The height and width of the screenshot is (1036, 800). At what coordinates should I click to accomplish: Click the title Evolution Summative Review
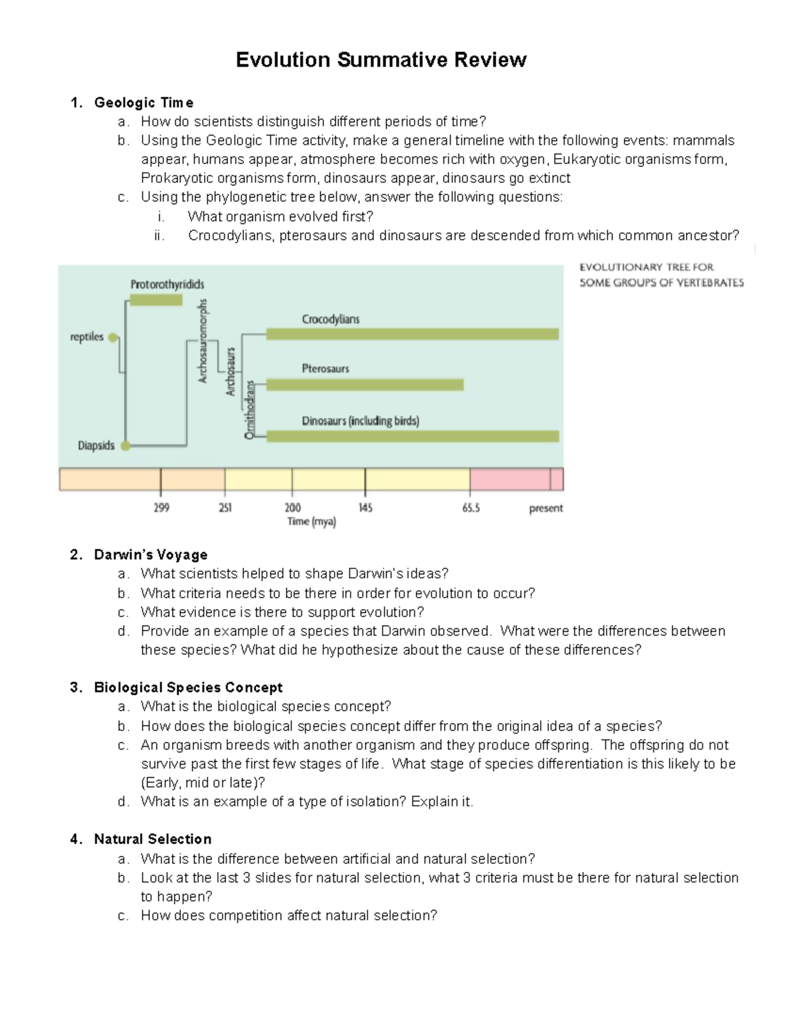click(x=381, y=60)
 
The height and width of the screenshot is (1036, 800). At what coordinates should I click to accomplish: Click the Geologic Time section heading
click(x=143, y=103)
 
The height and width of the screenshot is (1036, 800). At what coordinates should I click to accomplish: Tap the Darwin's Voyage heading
click(x=150, y=554)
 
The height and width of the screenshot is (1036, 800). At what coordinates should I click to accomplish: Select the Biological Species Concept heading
click(x=188, y=687)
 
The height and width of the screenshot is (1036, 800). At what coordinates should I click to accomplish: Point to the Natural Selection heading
click(x=152, y=839)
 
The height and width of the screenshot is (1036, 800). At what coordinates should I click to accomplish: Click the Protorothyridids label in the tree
click(x=167, y=284)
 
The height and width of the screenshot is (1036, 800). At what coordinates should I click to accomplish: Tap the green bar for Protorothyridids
click(x=155, y=300)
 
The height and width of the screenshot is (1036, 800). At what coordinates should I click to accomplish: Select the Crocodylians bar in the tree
click(x=412, y=334)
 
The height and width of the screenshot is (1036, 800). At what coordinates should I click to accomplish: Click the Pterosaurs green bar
click(x=365, y=385)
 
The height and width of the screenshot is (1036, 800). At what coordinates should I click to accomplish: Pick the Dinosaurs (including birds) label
click(x=360, y=421)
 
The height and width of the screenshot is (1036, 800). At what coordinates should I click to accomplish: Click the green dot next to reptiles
click(x=113, y=338)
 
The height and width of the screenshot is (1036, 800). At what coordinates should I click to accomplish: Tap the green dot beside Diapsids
click(x=125, y=446)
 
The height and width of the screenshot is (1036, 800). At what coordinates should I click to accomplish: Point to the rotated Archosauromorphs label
click(x=203, y=341)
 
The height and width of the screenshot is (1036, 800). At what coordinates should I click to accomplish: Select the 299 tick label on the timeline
click(x=161, y=508)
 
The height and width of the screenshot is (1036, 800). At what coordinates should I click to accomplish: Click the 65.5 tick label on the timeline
click(x=471, y=508)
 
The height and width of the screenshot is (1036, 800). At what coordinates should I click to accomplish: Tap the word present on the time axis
click(x=545, y=508)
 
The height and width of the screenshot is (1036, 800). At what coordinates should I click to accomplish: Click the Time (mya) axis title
click(x=311, y=522)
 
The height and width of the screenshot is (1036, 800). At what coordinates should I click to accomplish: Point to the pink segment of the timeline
click(x=510, y=479)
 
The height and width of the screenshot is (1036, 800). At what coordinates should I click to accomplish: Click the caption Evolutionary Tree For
click(x=646, y=267)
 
